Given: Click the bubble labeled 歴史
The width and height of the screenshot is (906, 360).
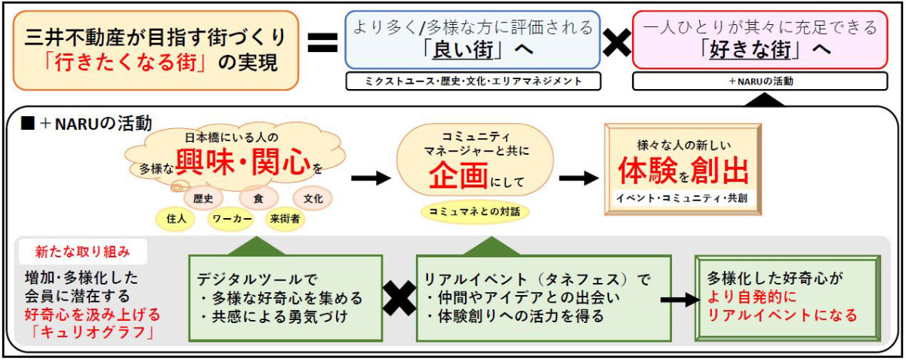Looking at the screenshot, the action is (x=202, y=198).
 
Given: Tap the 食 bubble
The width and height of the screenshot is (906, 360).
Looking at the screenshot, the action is (x=258, y=198).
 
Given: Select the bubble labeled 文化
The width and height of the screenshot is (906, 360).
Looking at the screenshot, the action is (x=313, y=198).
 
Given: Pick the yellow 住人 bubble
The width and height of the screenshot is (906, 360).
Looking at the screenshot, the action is (x=177, y=219).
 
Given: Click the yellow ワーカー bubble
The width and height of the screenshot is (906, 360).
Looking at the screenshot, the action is (x=232, y=219).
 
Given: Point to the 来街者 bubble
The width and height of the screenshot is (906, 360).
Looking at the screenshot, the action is (x=285, y=219).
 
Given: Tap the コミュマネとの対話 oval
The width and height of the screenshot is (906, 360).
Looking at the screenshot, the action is (x=474, y=211).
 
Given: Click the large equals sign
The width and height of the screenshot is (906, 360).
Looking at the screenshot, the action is (x=322, y=42).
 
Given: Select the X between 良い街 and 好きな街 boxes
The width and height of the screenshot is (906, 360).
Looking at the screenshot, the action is (x=616, y=42).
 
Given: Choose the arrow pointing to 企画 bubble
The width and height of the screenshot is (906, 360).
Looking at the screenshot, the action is (x=371, y=177).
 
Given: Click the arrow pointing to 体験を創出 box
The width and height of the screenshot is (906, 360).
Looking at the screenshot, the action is (x=578, y=177).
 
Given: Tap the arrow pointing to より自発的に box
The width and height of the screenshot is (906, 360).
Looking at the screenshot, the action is (x=680, y=300).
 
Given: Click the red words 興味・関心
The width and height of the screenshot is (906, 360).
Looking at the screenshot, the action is (x=243, y=162).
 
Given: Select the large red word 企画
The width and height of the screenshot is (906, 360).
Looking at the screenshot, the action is (x=458, y=176).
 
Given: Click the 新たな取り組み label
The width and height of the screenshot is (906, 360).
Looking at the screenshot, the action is (x=82, y=252).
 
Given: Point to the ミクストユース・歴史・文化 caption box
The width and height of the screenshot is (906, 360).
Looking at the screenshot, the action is (x=473, y=81).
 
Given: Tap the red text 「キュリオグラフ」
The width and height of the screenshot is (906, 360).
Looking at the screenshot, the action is (x=93, y=332).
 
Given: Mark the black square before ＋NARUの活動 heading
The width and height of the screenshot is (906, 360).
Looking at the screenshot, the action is (x=27, y=122).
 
